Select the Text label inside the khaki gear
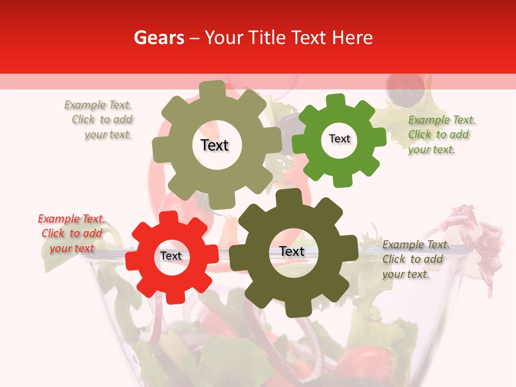click(214, 145)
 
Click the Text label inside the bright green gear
click(339, 139)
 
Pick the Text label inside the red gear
click(171, 256)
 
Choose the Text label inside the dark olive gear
click(292, 252)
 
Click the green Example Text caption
click(441, 134)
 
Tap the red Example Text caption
click(71, 233)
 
